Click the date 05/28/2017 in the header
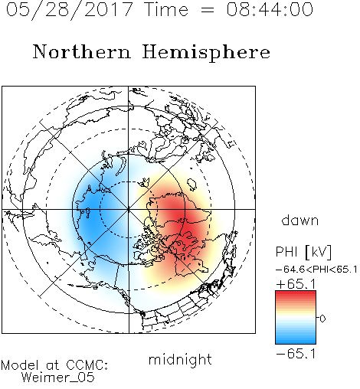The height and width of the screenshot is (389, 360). [x=69, y=9]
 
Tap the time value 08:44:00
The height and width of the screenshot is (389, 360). [x=270, y=9]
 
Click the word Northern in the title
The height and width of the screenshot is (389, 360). [x=82, y=51]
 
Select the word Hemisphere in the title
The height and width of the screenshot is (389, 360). [x=206, y=52]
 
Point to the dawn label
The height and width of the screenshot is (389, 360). [x=300, y=221]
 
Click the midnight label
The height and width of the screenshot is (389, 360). [x=180, y=359]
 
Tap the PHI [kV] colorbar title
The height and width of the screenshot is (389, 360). [x=304, y=252]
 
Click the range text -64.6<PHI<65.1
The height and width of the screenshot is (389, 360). [x=316, y=270]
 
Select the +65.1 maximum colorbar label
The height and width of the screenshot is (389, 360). [x=296, y=284]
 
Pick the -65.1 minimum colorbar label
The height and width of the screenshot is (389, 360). [x=296, y=354]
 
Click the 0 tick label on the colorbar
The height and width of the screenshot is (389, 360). [x=322, y=319]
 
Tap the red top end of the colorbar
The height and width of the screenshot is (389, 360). [x=296, y=293]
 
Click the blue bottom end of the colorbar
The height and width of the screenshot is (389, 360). [x=296, y=342]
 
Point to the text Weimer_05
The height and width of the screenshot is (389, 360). [x=58, y=378]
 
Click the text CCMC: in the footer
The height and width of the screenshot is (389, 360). [x=87, y=365]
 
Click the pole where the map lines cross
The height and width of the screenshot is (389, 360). [x=129, y=209]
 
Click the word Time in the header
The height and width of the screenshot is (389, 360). [x=166, y=9]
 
